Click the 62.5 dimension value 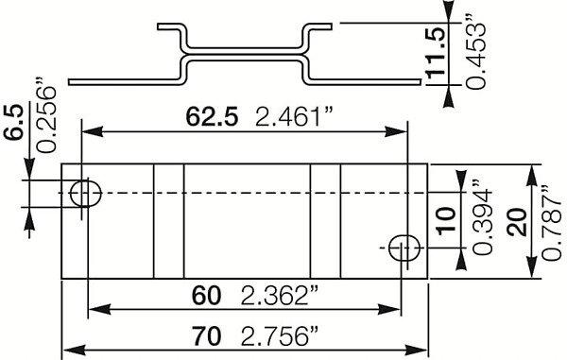tap(212, 117)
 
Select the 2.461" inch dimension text tap(294, 116)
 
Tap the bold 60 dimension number tap(206, 296)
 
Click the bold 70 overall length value tap(206, 336)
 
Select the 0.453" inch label tap(474, 52)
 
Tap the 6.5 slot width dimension tap(14, 122)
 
